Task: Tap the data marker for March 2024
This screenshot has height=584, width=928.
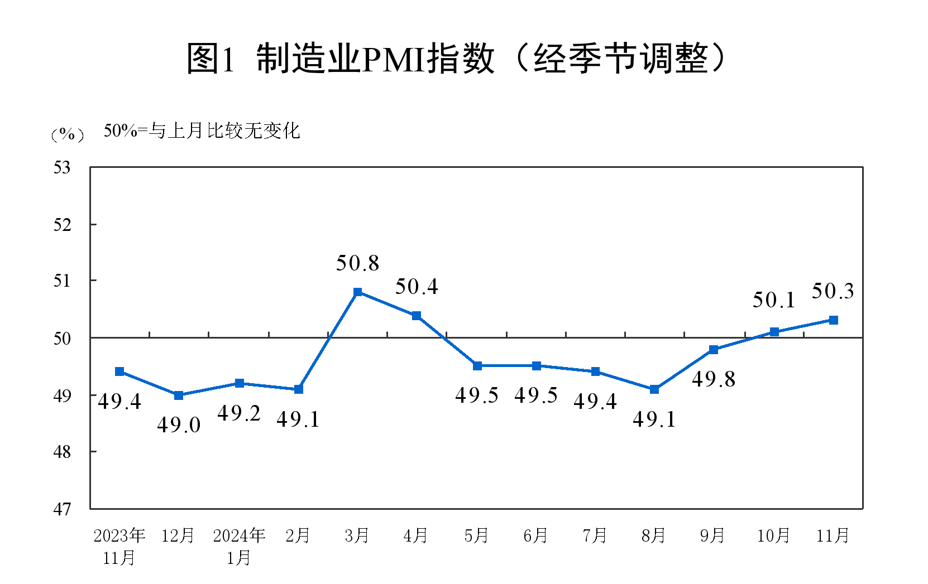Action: [x=358, y=292]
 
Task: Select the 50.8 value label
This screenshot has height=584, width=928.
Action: [x=357, y=263]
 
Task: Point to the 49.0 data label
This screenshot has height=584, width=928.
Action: [x=179, y=425]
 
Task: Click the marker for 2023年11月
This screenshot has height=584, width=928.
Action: [x=119, y=371]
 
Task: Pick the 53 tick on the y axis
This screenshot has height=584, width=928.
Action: [x=63, y=167]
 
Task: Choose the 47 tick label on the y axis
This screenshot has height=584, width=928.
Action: [x=63, y=509]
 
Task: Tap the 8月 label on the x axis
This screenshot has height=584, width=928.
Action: [x=654, y=536]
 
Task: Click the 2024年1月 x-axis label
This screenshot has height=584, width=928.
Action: [x=239, y=546]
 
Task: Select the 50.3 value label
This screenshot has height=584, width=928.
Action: [x=833, y=291]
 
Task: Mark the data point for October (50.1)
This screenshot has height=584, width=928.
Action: [x=774, y=332]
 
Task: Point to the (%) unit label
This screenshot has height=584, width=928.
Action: [x=68, y=134]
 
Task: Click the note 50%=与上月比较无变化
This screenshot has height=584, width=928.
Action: [x=202, y=131]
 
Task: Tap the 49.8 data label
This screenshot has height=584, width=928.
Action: [x=714, y=379]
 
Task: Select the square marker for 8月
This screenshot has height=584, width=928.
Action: [x=654, y=389]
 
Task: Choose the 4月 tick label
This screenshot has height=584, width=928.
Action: [x=416, y=536]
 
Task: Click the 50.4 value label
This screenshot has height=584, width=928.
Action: [x=417, y=287]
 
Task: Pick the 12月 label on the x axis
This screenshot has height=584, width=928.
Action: [x=178, y=536]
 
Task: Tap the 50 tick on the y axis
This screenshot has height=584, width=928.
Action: [x=63, y=338]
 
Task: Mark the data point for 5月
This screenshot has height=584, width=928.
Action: [x=477, y=366]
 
